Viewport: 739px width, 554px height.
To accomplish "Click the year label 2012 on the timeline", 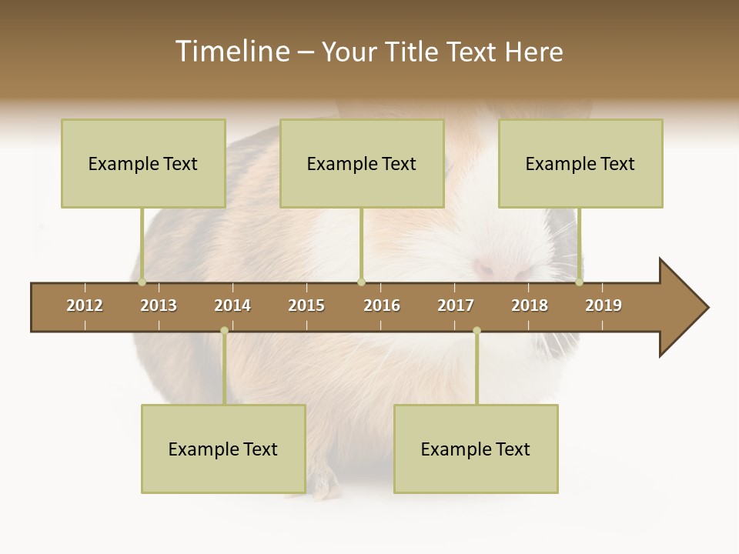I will coord(85,305).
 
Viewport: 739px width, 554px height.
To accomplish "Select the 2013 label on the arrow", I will coord(159,305).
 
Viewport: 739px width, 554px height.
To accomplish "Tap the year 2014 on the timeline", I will coord(232,305).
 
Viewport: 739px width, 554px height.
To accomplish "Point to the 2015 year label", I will coord(306,305).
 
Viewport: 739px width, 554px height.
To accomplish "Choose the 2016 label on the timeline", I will coord(382,305).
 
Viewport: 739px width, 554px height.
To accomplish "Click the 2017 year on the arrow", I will coord(456,305).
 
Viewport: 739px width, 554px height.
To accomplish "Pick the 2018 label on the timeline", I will coord(530,305).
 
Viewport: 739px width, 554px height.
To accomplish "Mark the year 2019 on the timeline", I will coord(604,305).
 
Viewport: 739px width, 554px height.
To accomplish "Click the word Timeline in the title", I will coord(231,52).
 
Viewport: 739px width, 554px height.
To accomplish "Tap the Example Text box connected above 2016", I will coord(362,163).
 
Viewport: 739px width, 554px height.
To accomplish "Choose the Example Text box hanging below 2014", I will coord(223,449).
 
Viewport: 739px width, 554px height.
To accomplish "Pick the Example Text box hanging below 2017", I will coord(476,449).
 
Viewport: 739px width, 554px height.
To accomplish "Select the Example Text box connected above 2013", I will coord(143,163).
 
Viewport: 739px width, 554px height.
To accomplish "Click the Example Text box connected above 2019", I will coord(580,163).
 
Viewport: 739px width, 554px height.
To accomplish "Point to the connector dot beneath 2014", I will coord(224,331).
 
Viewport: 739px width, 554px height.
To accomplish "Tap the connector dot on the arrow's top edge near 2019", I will coord(580,282).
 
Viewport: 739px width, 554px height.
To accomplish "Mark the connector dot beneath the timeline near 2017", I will coord(477,331).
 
